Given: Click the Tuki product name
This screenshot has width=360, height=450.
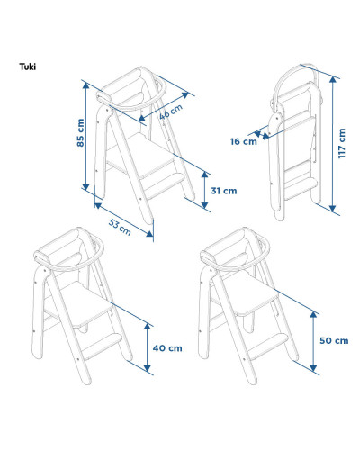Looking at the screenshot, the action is (28, 67).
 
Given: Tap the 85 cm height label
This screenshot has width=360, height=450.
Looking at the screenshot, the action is (80, 132).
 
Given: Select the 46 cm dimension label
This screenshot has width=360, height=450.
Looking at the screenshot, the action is (170, 112).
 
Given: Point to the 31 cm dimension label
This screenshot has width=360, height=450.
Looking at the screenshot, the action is (224, 191).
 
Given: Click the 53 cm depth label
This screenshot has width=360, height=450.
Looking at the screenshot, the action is (120, 227).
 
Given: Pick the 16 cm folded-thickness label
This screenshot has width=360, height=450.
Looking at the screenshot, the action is (243, 141).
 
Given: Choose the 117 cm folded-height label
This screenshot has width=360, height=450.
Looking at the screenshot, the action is (342, 143).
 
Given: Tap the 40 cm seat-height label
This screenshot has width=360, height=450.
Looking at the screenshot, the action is (167, 348).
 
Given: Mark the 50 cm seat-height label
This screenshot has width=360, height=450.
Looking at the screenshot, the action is (334, 340).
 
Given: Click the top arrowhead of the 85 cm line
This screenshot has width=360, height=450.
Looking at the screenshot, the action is (85, 85).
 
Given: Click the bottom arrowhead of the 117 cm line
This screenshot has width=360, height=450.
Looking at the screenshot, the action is (332, 208).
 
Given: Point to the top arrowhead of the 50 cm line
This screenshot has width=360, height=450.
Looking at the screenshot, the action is (313, 314).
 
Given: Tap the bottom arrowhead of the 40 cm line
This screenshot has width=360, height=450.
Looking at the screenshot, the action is (147, 368).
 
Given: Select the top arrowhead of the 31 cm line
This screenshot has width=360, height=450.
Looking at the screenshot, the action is (204, 175).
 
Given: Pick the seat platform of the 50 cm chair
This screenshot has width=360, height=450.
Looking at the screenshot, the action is (250, 293).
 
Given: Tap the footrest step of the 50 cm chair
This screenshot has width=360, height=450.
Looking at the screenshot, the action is (268, 346).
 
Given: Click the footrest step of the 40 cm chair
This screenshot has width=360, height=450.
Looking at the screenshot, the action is (102, 346).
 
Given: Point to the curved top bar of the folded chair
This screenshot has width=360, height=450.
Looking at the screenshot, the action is (288, 75).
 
